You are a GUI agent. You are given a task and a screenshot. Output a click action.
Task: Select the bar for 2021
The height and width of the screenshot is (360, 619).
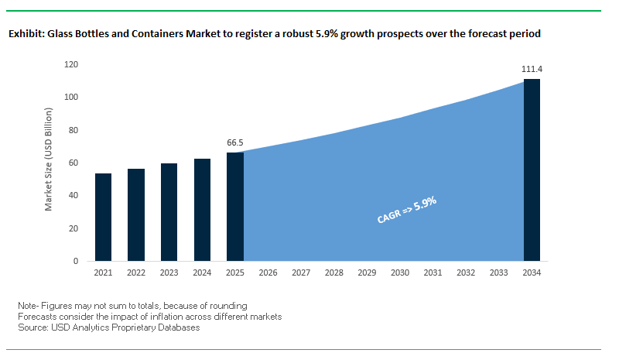[x=103, y=218]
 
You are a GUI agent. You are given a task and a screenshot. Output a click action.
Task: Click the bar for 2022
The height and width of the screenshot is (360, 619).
[x=136, y=215]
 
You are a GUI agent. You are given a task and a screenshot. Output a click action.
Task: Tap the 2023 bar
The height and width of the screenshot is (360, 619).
[x=169, y=212]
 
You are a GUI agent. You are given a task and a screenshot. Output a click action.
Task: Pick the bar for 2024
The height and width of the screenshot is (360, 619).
[x=202, y=210]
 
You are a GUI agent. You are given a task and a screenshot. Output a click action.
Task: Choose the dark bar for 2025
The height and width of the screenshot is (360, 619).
[x=235, y=207]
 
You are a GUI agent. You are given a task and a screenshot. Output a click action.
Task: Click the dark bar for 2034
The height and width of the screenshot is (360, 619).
[x=532, y=170]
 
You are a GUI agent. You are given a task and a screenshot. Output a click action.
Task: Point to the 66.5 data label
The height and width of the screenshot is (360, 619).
[x=235, y=142]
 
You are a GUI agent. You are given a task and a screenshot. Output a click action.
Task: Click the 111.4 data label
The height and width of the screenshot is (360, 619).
[x=532, y=69]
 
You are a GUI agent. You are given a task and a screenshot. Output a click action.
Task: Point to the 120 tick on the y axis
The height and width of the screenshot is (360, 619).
[x=73, y=64]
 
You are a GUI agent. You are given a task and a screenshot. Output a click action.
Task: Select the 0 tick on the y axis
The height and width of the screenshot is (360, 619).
[x=77, y=261]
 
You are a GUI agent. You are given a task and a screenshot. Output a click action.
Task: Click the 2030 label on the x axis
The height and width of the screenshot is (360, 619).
[x=400, y=273]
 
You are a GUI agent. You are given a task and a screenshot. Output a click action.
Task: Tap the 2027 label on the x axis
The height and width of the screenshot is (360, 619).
[x=301, y=273]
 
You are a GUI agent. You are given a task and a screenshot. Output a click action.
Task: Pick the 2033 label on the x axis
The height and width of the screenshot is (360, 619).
[x=499, y=273]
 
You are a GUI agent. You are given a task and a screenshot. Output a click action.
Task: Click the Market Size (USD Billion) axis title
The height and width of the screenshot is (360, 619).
[x=48, y=163]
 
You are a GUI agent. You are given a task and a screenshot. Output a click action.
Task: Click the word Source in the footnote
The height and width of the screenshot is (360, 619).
[x=32, y=327]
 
